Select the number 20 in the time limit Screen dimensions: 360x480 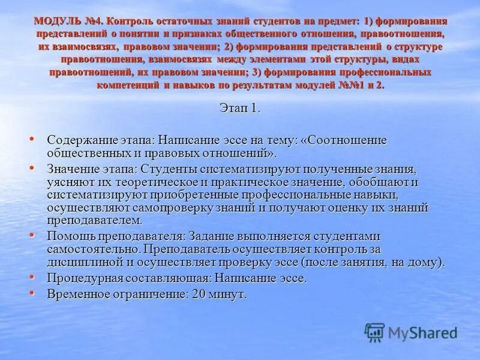[x=200, y=295]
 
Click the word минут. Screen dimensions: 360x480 [x=228, y=295]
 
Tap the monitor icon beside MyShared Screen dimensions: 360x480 [x=374, y=332]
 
